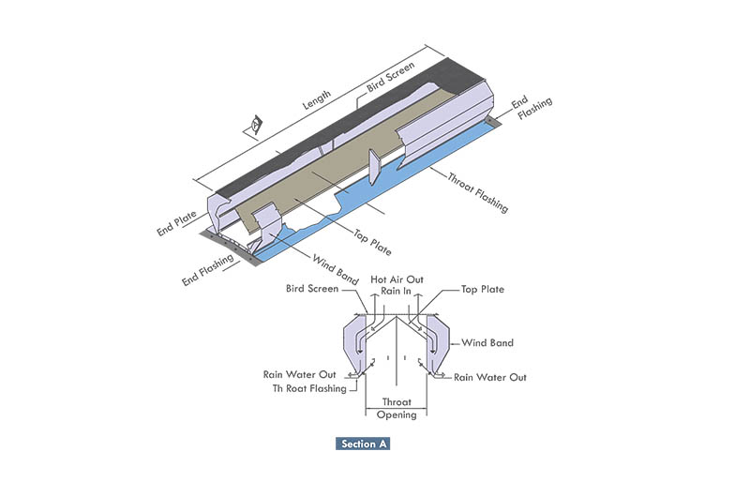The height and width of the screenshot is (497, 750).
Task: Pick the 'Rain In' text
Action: [x=396, y=291]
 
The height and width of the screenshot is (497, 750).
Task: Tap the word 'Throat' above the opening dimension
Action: [x=396, y=401]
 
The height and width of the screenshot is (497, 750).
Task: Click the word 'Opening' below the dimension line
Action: [x=396, y=414]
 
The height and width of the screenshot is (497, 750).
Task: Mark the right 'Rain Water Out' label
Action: [x=490, y=377]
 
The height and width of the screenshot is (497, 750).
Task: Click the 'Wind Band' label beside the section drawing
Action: [x=487, y=343]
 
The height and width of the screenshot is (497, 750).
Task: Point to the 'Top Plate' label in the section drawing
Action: [x=482, y=290]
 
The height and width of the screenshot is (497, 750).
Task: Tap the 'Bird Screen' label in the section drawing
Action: [x=312, y=289]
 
